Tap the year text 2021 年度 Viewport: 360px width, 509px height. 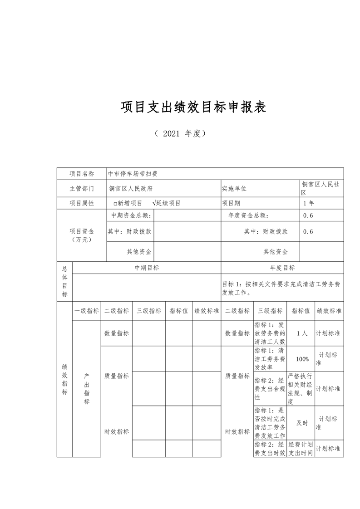(x=180, y=133)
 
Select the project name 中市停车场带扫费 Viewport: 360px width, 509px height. (x=133, y=174)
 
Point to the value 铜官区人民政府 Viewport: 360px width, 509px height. (x=131, y=188)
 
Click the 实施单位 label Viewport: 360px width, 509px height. (x=234, y=188)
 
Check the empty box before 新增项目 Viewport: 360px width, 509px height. (x=115, y=204)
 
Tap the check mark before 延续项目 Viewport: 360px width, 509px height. (x=155, y=203)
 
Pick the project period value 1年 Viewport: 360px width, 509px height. (x=308, y=203)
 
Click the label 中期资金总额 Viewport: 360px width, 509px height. (x=132, y=216)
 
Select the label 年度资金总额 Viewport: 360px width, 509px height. (x=249, y=216)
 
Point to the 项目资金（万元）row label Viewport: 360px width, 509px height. (x=82, y=235)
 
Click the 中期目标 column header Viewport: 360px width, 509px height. (x=147, y=268)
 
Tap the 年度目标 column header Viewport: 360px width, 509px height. (x=282, y=268)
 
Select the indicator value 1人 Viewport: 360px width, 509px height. (x=301, y=333)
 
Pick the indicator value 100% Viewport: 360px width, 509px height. (x=302, y=359)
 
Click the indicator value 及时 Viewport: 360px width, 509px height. (x=302, y=423)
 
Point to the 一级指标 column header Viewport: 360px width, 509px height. (x=87, y=311)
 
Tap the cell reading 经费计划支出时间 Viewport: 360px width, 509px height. (x=301, y=448)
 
